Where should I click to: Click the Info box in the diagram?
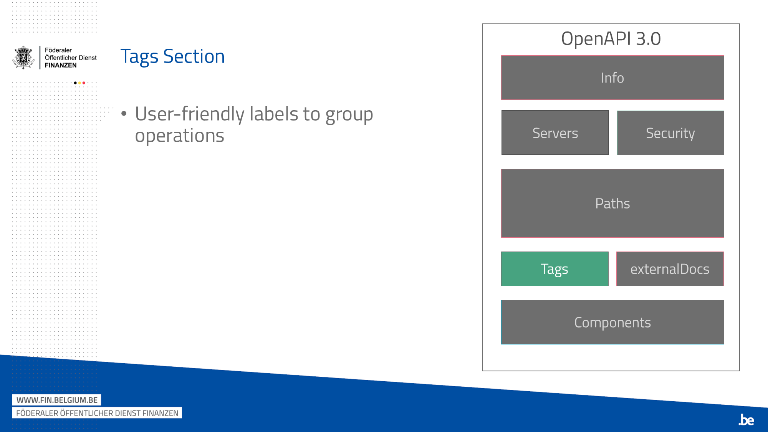[x=612, y=78]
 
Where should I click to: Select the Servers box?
[x=555, y=133]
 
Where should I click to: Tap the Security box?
[x=670, y=133]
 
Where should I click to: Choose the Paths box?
[x=612, y=204]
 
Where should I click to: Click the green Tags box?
[x=555, y=269]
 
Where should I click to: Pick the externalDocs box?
[x=670, y=269]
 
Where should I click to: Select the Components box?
[x=612, y=322]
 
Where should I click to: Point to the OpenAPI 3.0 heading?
[x=611, y=39]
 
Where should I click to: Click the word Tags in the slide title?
[x=139, y=57]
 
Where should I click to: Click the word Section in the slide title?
[x=194, y=56]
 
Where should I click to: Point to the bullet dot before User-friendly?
[x=124, y=113]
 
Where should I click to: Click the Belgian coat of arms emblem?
[x=23, y=58]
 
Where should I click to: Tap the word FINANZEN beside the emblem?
[x=61, y=65]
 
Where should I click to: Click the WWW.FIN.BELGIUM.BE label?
[x=57, y=400]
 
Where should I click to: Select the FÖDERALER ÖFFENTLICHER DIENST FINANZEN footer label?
[x=97, y=413]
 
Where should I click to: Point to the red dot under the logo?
[x=84, y=83]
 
